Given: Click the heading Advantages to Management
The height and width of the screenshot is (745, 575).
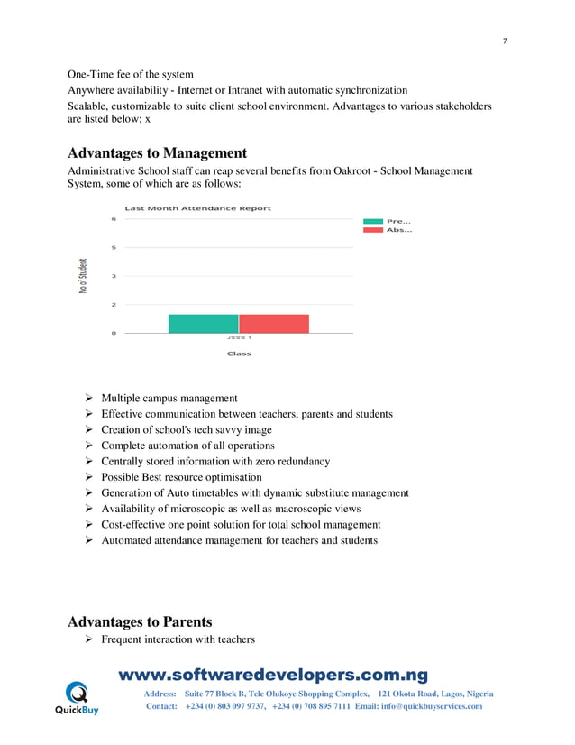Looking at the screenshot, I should [x=158, y=152].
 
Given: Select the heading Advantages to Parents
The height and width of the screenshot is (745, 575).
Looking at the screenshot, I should [x=140, y=621].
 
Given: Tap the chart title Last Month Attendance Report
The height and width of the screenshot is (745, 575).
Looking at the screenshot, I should [x=197, y=208].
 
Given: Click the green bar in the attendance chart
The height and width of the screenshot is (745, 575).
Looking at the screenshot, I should [x=203, y=324].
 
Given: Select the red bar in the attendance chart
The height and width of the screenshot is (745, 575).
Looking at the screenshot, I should [x=274, y=324].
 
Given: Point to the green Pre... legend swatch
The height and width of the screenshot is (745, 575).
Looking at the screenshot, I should [x=372, y=221].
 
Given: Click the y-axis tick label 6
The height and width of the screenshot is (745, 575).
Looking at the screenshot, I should [x=114, y=218].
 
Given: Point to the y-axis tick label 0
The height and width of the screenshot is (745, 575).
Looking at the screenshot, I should [x=114, y=334].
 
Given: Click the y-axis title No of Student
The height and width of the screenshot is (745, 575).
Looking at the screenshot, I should [x=84, y=276].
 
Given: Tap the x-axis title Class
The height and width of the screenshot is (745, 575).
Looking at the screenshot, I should [x=239, y=354].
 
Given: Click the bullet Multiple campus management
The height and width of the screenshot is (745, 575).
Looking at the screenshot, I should [x=169, y=398].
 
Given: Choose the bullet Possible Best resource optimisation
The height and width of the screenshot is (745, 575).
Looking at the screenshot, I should [x=181, y=477].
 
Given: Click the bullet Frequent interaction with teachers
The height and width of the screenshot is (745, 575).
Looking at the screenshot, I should [x=178, y=639].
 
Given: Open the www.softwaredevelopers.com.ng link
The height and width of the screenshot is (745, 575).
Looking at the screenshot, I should [x=274, y=676].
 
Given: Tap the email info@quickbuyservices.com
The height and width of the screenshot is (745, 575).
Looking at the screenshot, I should [x=431, y=706].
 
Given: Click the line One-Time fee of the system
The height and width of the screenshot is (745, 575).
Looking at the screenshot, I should [x=131, y=73].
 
